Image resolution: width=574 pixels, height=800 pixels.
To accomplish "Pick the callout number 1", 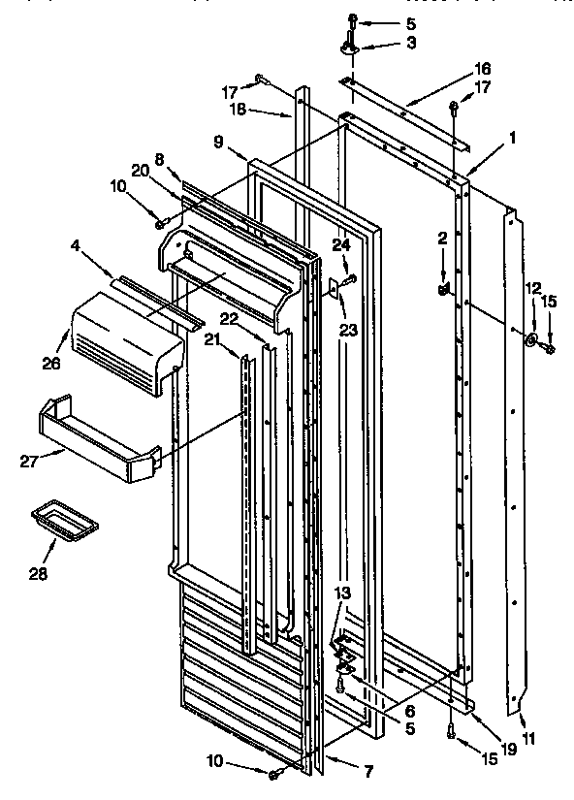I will click(511, 138).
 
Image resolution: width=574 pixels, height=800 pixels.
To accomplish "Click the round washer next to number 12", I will click(532, 341).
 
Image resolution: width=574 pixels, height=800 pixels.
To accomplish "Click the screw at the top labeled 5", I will click(353, 18).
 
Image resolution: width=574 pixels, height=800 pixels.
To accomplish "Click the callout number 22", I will click(229, 319).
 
